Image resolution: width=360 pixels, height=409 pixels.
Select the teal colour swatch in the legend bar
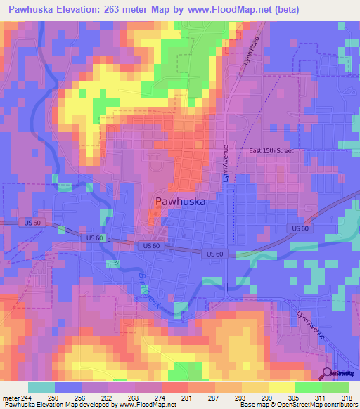click(41, 387)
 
